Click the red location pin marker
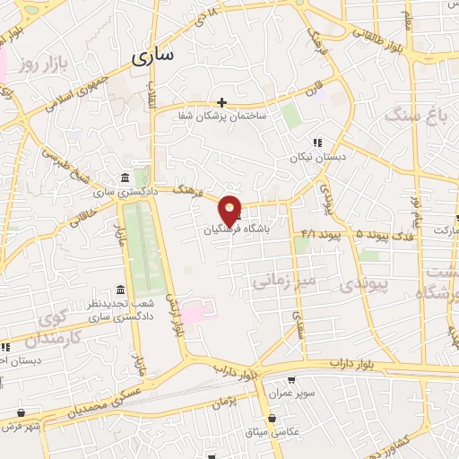230,210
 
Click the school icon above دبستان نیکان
316,143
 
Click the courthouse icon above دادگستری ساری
122,178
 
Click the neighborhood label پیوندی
364,286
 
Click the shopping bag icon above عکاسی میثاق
272,418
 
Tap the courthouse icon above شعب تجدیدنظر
120,289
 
